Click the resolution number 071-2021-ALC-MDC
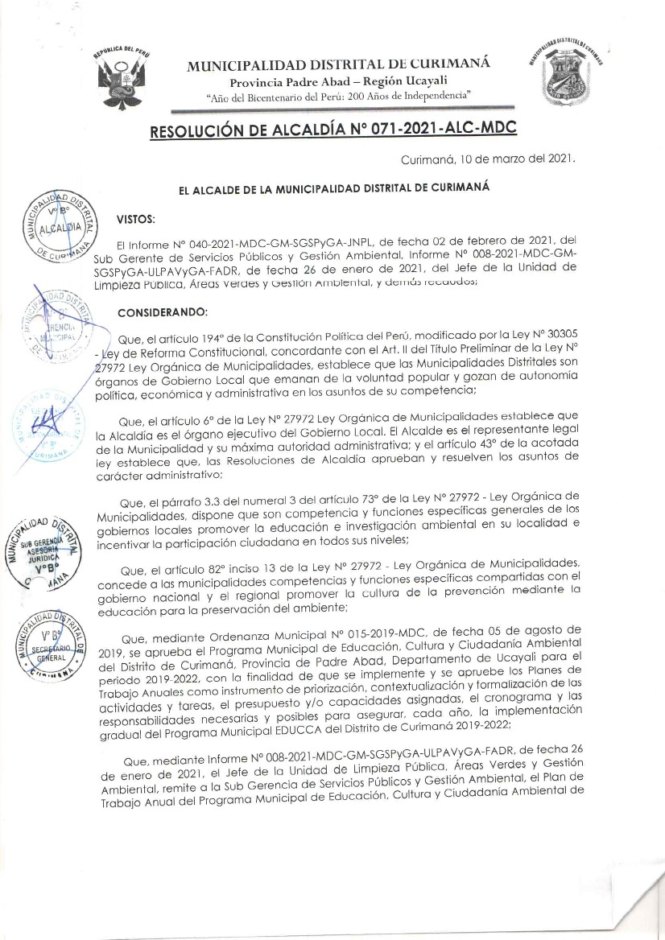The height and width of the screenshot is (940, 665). (434, 129)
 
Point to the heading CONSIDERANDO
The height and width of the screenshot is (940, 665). (163, 311)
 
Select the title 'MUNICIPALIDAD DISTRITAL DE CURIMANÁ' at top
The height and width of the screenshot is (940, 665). (337, 66)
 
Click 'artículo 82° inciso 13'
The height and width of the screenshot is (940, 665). (234, 563)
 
